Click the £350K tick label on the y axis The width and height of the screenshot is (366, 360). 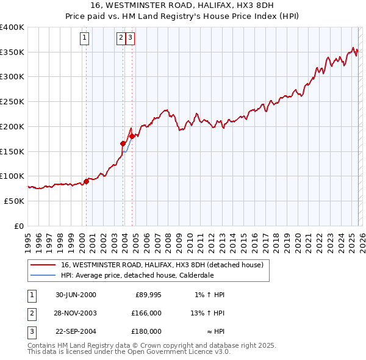(12, 52)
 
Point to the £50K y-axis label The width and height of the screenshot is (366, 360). (14, 201)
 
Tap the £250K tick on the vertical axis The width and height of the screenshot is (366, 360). (12, 102)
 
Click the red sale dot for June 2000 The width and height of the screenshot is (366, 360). (86, 181)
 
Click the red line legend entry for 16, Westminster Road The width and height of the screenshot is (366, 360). (162, 265)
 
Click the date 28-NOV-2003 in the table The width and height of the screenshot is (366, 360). (76, 313)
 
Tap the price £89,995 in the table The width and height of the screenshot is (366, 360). (147, 295)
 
